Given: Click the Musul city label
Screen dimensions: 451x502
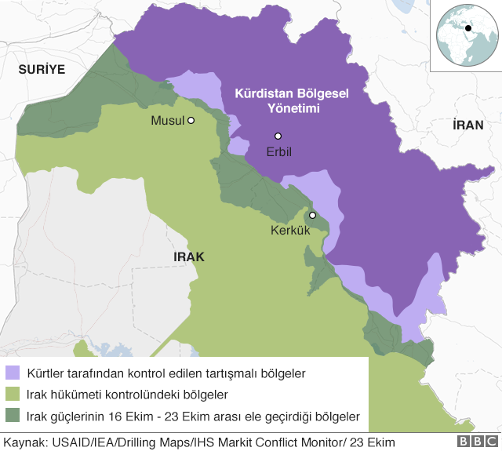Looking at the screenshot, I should [x=166, y=122].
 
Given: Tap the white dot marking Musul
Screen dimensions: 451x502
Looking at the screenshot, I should [x=190, y=121].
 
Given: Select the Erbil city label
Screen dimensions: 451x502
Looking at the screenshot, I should [x=278, y=151].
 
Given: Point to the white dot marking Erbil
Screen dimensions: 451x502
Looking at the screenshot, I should [x=278, y=136].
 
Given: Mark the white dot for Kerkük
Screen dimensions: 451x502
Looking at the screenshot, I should [x=312, y=215].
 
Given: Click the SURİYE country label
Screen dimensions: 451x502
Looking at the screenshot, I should [x=42, y=69].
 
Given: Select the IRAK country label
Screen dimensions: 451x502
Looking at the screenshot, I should [x=188, y=256].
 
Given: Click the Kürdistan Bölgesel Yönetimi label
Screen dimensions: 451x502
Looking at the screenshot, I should [x=292, y=100].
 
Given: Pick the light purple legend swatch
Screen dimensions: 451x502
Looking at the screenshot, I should [x=13, y=372].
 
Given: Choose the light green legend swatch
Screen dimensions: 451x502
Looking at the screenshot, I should [x=13, y=394].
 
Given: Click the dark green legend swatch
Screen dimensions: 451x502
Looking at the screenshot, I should [x=13, y=416].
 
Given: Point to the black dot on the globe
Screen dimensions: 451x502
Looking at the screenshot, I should [x=468, y=29].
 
